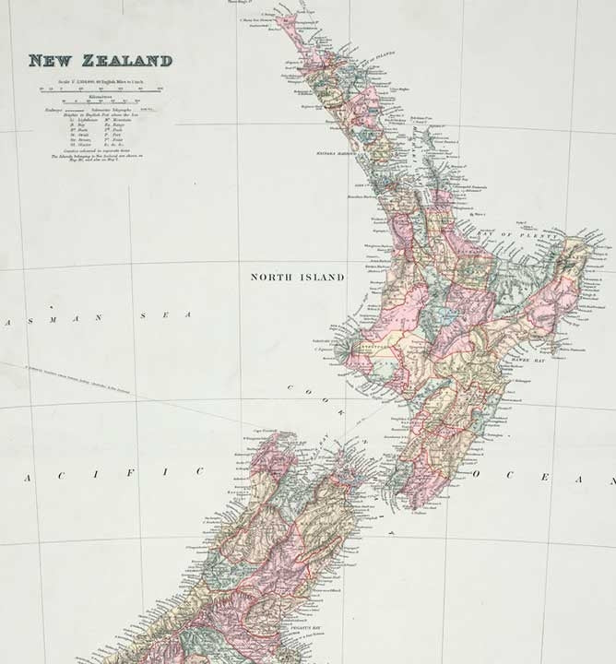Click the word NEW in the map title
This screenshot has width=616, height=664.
coord(52,61)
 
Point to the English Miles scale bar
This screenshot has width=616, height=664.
coord(100,90)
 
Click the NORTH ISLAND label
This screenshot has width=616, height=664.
coord(297,277)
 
